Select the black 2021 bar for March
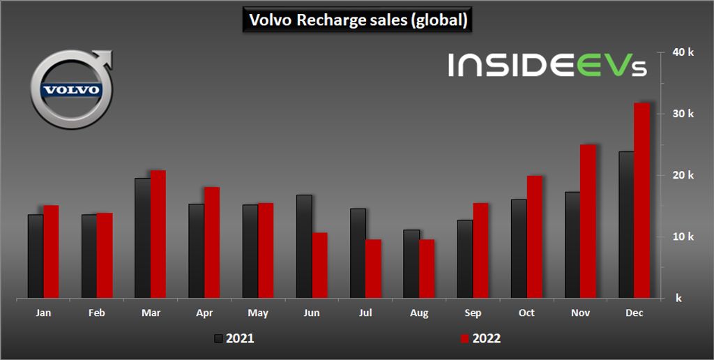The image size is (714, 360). (142, 238)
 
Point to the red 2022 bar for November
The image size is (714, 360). (588, 221)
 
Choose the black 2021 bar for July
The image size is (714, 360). (358, 253)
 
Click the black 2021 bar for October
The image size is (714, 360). (519, 248)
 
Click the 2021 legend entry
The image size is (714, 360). (234, 338)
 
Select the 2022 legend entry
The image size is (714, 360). (480, 338)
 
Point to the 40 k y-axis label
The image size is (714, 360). (683, 52)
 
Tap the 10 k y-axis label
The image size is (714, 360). (683, 237)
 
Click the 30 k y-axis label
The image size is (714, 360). (683, 114)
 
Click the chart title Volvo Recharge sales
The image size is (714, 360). (356, 20)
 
